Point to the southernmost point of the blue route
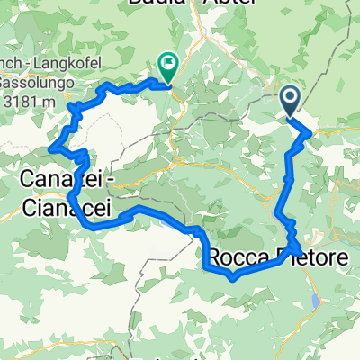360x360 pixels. pos(232,278)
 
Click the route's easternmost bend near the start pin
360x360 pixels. pos(311,134)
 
